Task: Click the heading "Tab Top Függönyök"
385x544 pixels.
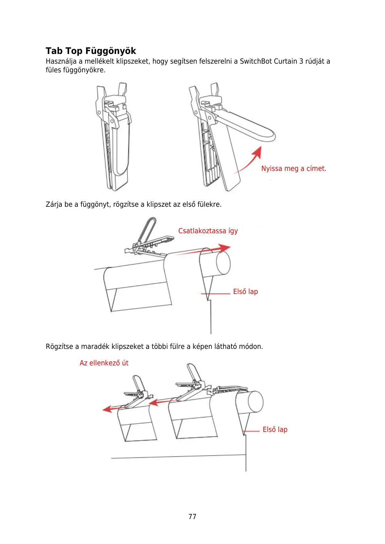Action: [91, 51]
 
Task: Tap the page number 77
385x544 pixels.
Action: [192, 517]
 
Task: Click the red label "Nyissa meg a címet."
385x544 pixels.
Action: [294, 169]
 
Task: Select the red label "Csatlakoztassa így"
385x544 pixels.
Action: [208, 231]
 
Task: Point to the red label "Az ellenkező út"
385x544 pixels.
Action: [104, 363]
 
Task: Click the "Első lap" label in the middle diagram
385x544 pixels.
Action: [245, 292]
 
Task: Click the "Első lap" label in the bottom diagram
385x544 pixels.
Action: [275, 430]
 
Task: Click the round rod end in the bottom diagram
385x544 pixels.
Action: [255, 402]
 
